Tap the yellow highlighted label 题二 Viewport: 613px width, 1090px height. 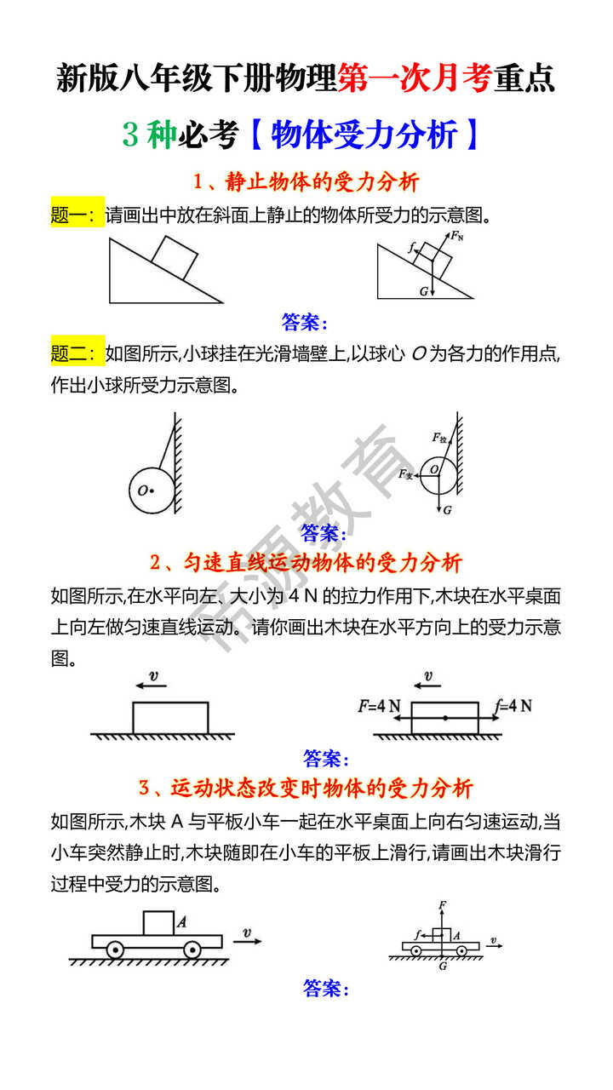(77, 352)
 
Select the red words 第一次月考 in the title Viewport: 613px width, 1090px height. (414, 77)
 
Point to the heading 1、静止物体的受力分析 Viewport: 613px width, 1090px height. (306, 182)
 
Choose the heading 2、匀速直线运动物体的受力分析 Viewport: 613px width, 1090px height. (306, 563)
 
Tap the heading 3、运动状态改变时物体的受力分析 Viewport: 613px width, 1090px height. (306, 788)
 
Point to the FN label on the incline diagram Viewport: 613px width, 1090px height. (457, 236)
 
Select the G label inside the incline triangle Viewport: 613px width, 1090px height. (423, 290)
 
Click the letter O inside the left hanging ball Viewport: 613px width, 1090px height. (142, 490)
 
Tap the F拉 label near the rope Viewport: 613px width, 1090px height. (439, 438)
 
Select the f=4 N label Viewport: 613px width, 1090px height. (513, 706)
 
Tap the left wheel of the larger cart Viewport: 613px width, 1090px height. (116, 949)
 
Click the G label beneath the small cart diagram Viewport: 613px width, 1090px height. (443, 967)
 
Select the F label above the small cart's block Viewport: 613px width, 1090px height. (442, 905)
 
